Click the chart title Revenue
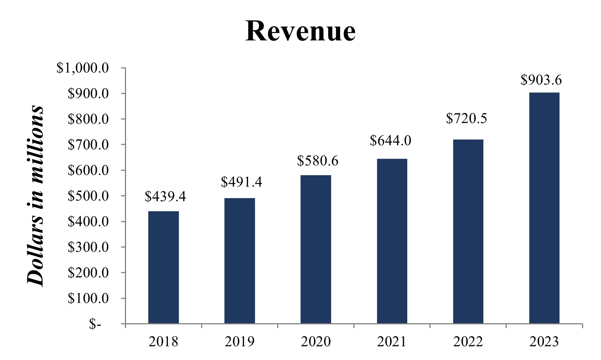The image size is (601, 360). click(300, 31)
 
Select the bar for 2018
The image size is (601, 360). click(164, 267)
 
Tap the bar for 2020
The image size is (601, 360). click(316, 249)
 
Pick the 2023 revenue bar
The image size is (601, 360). click(544, 208)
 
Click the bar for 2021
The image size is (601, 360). click(392, 241)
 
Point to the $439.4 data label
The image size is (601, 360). click(165, 197)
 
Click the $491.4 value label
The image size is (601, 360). click(241, 182)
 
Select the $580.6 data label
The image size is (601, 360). click(318, 161)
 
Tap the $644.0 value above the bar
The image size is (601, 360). click(390, 141)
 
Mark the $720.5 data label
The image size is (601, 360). click(467, 118)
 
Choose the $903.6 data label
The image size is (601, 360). click(541, 80)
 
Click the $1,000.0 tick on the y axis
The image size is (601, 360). click(83, 68)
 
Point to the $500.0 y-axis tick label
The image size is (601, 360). click(88, 196)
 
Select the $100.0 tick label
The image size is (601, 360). click(88, 298)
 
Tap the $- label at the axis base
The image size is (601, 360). click(95, 324)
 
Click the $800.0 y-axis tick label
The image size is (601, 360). click(88, 119)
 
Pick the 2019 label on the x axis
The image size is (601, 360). click(240, 342)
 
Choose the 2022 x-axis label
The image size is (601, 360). click(468, 342)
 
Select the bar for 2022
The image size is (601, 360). click(468, 232)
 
